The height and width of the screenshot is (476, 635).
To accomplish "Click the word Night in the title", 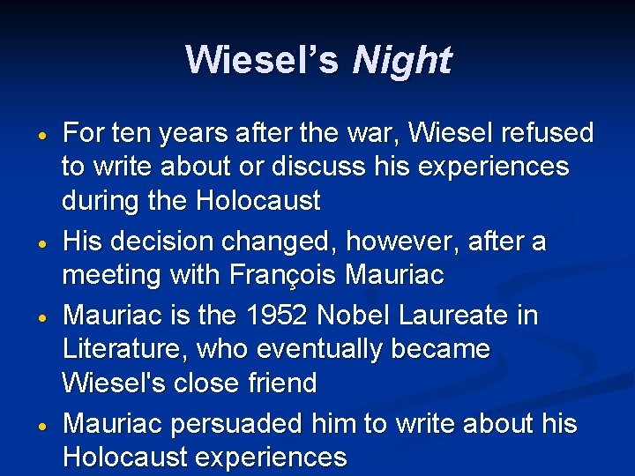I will tap(401, 60).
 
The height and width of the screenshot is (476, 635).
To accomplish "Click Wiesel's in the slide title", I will tap(262, 60).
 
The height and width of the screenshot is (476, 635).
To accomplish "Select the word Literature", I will tap(119, 349).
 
